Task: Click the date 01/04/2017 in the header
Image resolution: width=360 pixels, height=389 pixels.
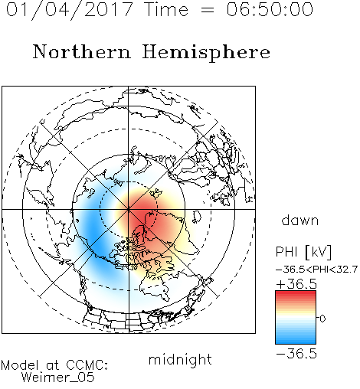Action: (69, 10)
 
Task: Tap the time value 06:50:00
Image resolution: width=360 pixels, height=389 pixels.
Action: (270, 9)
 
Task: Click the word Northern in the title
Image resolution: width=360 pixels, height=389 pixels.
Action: (82, 51)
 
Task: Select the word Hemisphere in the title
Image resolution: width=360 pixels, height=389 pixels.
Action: (206, 53)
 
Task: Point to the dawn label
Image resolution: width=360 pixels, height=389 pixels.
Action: (300, 220)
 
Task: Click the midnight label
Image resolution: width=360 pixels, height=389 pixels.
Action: (180, 359)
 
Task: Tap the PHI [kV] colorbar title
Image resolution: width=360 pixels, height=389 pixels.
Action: (303, 252)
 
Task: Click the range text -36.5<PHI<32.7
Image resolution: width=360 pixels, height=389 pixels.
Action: (316, 270)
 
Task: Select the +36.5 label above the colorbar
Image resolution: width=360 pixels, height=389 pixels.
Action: (296, 284)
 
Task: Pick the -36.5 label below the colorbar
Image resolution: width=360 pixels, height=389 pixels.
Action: (296, 354)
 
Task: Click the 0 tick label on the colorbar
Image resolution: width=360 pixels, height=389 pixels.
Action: (322, 319)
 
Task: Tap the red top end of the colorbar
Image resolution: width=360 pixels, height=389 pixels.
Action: (296, 293)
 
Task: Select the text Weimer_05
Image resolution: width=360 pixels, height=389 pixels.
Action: (58, 377)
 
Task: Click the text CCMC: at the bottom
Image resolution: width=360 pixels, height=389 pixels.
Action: (87, 365)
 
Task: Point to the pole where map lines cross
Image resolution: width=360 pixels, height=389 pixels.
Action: (129, 209)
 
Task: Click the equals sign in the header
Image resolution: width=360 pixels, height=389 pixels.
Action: (207, 10)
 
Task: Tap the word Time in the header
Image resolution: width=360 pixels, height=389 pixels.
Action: (166, 9)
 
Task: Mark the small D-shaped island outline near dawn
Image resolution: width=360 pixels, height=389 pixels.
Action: (197, 217)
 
